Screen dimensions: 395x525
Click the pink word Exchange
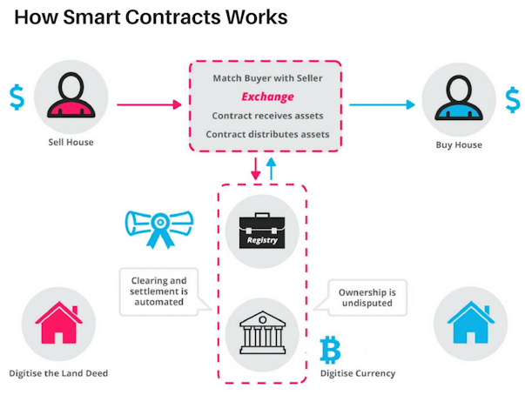tap(267, 97)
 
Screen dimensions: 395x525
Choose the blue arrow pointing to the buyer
tap(382, 105)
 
